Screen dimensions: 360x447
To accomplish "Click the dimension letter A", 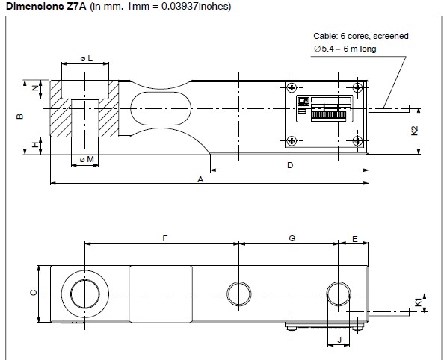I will click(x=200, y=179).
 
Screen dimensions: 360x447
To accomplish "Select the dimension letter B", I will click(x=20, y=116).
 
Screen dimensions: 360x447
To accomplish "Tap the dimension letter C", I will click(x=32, y=293).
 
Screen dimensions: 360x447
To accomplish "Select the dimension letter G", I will click(x=292, y=238).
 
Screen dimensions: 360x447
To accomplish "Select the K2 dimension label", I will click(x=415, y=131).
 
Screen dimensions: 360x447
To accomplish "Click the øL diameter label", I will click(x=86, y=57).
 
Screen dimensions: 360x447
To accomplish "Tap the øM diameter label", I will click(x=86, y=159).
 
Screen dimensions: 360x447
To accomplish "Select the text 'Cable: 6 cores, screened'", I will click(x=361, y=36).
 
